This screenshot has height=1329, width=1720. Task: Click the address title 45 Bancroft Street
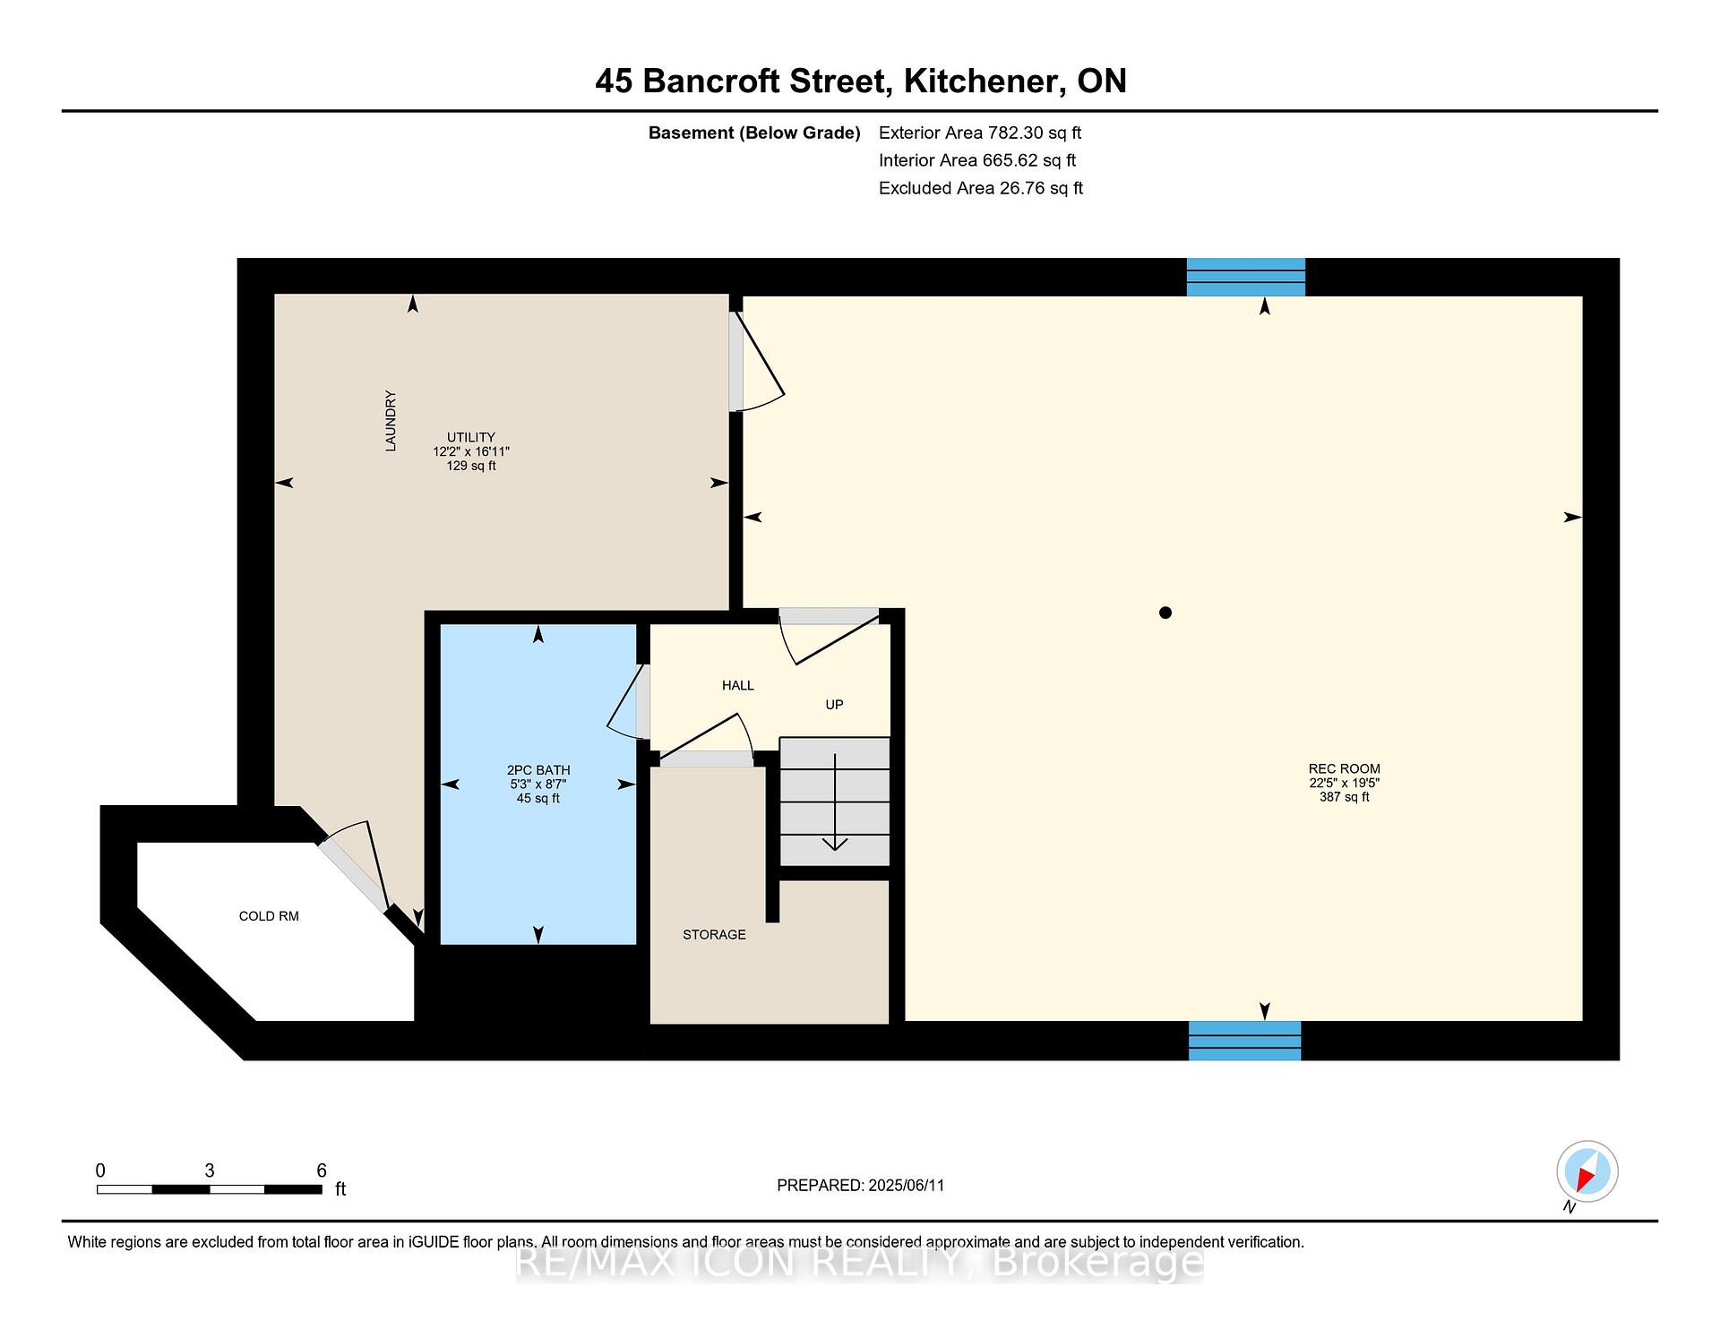point(742,81)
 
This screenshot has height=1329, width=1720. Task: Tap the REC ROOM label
point(1344,768)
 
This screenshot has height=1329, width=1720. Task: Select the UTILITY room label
point(471,438)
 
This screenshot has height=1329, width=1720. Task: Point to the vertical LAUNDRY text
point(391,421)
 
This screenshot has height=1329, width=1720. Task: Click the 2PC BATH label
point(538,770)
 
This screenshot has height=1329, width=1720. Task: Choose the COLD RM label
point(269,916)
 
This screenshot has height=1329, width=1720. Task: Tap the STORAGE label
point(714,935)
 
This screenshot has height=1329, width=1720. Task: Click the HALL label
point(738,685)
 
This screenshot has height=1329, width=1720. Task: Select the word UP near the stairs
point(834,705)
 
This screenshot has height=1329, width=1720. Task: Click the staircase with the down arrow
point(835,802)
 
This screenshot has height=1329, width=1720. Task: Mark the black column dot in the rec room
point(1165,613)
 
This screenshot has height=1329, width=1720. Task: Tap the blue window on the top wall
point(1246,277)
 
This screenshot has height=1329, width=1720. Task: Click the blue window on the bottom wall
point(1245,1041)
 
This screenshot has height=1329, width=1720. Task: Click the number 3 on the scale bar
point(210,1170)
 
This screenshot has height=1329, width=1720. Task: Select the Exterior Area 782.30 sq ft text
point(980,133)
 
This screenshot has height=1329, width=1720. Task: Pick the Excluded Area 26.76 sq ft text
point(981,188)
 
